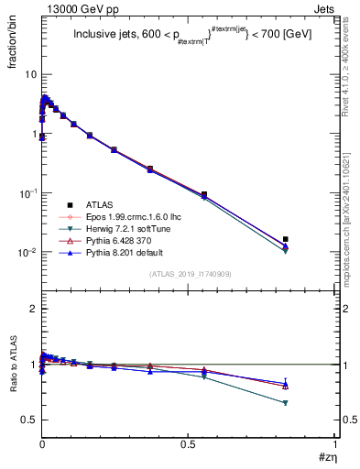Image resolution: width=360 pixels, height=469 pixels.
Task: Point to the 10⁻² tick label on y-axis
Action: point(27,252)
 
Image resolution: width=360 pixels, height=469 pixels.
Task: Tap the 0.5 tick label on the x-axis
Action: point(189,443)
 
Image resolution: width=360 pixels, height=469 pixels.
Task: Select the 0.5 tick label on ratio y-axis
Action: point(27,420)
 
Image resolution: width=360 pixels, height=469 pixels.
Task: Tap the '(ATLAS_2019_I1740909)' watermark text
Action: point(190,274)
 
